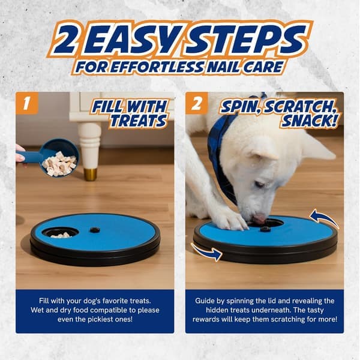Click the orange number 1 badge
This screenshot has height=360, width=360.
coord(26,103)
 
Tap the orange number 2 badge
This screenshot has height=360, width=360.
coord(197,103)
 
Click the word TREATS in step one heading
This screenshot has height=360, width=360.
coord(138,121)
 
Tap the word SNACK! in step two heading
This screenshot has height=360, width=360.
coord(310,121)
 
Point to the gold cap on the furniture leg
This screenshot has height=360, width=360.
coord(90,174)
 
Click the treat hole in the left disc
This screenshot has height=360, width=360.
coord(61,232)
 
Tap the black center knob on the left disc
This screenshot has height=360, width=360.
coord(95,230)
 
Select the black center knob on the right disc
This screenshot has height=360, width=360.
coord(265,229)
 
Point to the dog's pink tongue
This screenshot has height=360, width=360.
coord(259,218)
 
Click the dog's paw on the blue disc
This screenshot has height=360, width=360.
coord(234,220)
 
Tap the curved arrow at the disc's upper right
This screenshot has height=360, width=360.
coord(323,217)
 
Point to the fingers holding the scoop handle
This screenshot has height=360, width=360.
coord(20,154)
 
